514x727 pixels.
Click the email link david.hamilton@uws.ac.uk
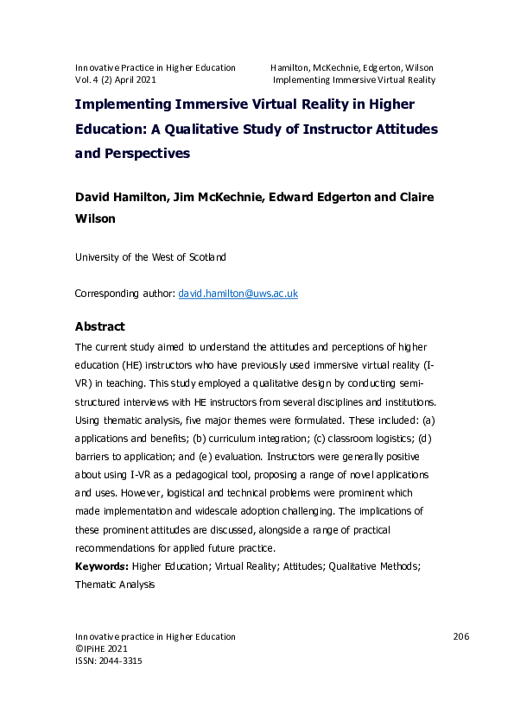(x=238, y=294)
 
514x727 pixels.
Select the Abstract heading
(x=100, y=326)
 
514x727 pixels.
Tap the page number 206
(x=460, y=636)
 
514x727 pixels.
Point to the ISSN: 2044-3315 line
(x=109, y=661)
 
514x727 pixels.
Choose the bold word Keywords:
(x=102, y=566)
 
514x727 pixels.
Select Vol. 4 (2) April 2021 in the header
(x=116, y=79)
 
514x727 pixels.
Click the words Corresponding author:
(x=124, y=294)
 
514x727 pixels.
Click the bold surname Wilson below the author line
(x=96, y=219)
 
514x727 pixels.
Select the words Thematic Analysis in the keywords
(x=115, y=585)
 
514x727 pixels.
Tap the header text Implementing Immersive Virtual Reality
(x=353, y=79)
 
